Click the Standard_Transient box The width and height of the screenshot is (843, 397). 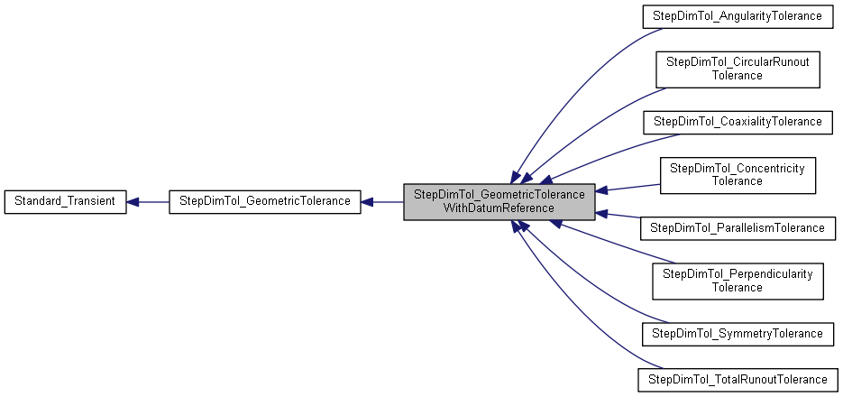point(65,200)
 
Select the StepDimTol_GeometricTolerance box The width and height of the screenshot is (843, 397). point(265,200)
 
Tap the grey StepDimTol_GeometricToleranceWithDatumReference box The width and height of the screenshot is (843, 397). point(499,200)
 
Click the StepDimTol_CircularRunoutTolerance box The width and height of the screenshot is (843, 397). point(738,69)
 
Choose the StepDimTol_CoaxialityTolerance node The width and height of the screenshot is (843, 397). point(738,121)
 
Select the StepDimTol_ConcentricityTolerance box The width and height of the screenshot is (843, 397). point(738,174)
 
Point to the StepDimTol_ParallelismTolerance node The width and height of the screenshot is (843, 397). point(738,227)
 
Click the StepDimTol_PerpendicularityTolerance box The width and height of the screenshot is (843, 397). point(738,280)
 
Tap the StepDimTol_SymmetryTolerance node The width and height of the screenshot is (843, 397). point(738,333)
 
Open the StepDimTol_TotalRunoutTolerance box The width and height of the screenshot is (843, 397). point(738,379)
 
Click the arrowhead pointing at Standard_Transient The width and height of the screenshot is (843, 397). point(133,201)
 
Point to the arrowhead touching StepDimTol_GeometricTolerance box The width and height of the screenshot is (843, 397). point(368,201)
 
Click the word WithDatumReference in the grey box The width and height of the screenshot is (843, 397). point(499,208)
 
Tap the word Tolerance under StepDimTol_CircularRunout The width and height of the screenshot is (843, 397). point(738,76)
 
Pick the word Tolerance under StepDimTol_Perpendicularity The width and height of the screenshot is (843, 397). point(738,287)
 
